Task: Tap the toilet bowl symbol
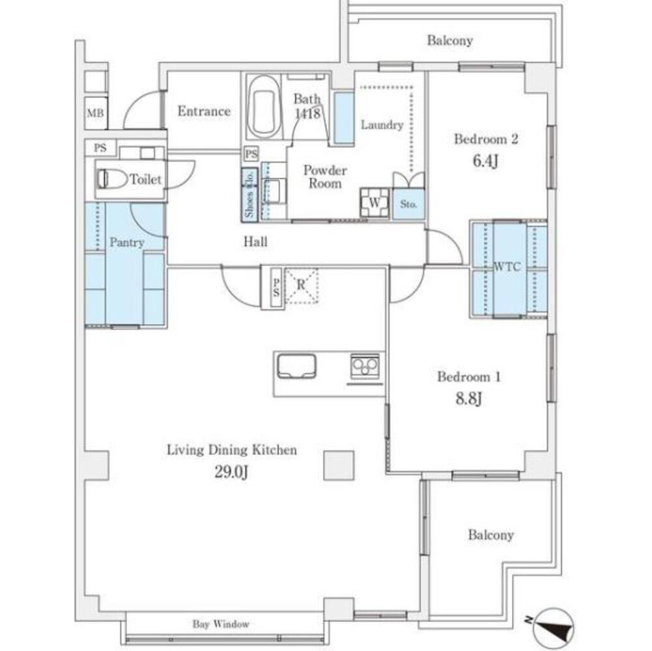112,179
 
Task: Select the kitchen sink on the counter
296,366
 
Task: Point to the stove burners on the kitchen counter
365,366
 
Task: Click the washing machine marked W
375,203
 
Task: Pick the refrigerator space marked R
301,285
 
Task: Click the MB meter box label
95,113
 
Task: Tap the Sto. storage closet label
408,204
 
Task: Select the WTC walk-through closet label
507,266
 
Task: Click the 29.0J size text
231,472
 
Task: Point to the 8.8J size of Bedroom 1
468,398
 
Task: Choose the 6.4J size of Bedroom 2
485,161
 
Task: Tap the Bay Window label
221,624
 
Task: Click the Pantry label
127,242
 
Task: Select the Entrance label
204,111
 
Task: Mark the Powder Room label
325,176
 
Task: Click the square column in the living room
339,465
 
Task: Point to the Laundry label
382,125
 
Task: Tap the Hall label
255,242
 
